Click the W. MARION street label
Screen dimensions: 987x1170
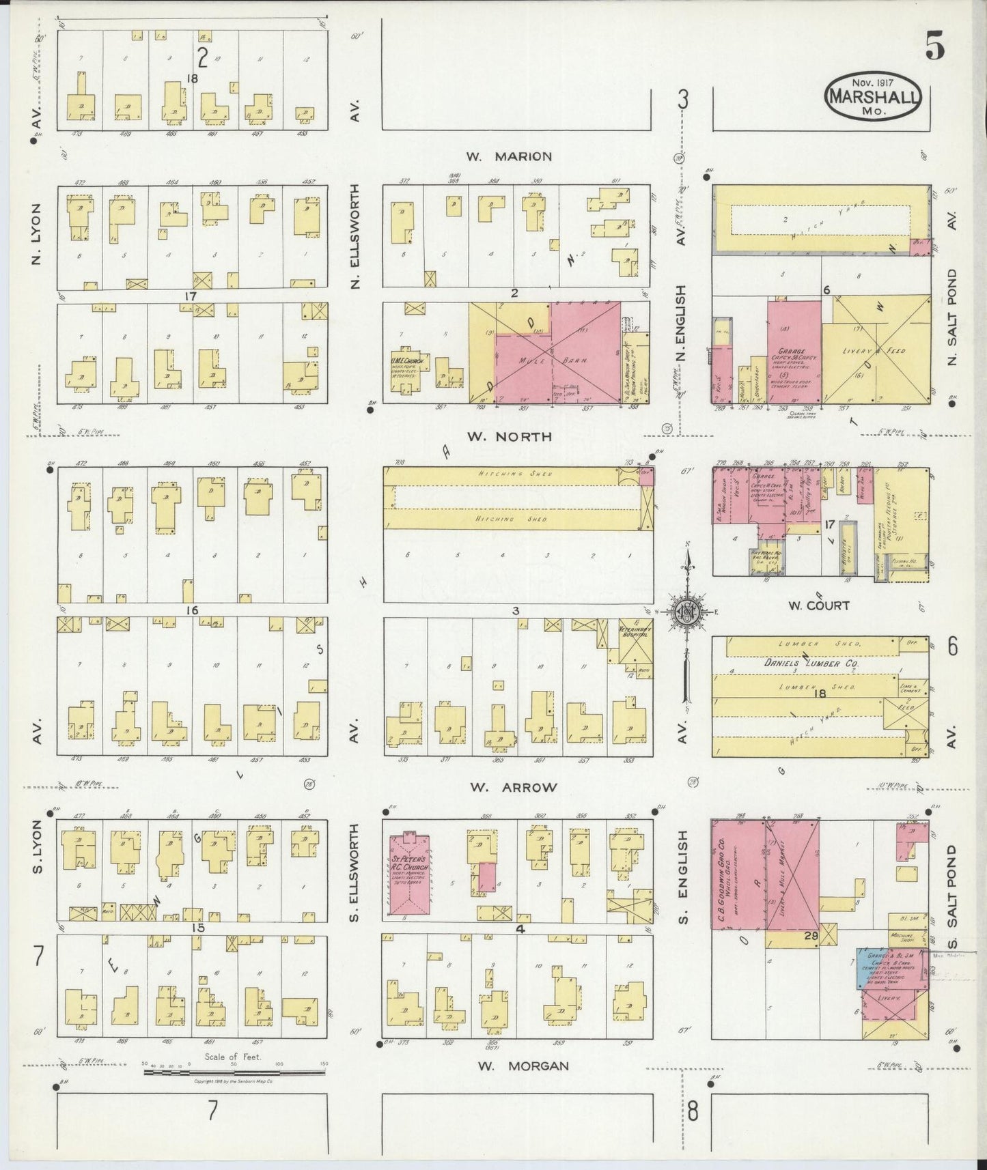tap(509, 156)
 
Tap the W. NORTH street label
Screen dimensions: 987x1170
tap(509, 436)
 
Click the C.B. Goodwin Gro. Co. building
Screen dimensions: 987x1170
tap(736, 875)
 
